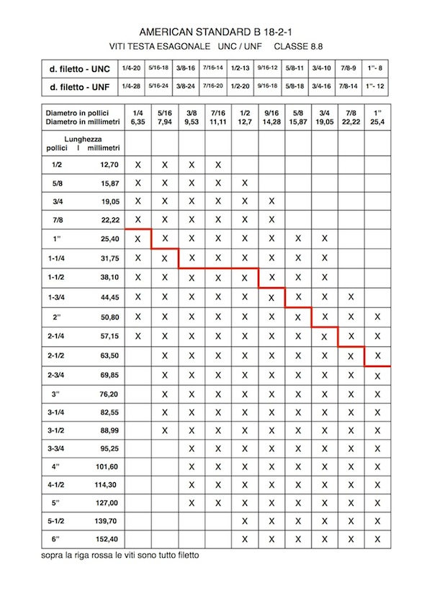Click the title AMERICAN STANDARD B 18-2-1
click(x=216, y=32)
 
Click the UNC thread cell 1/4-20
click(x=131, y=68)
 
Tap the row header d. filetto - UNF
click(x=79, y=86)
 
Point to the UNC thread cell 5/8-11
click(x=296, y=68)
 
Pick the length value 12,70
click(x=107, y=165)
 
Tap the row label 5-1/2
click(x=55, y=519)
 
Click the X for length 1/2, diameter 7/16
click(x=218, y=165)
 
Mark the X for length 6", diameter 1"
click(x=377, y=538)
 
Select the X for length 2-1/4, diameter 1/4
click(x=138, y=336)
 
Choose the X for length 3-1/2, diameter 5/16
click(x=165, y=430)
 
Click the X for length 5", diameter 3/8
click(x=192, y=502)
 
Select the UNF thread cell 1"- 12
click(x=377, y=86)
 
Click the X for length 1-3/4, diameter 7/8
click(x=351, y=297)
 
